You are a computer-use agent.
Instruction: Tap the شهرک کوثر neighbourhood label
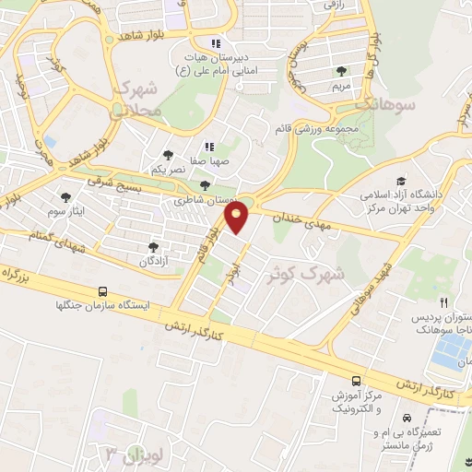301,274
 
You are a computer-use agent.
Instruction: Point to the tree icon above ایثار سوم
65,195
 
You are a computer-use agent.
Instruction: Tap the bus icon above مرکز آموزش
356,380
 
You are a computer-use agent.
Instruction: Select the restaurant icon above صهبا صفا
209,146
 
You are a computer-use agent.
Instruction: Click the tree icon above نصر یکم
168,155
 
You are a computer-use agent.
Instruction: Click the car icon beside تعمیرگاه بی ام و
407,418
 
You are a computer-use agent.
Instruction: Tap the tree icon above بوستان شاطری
205,184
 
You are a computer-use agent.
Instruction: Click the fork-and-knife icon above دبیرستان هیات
216,42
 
